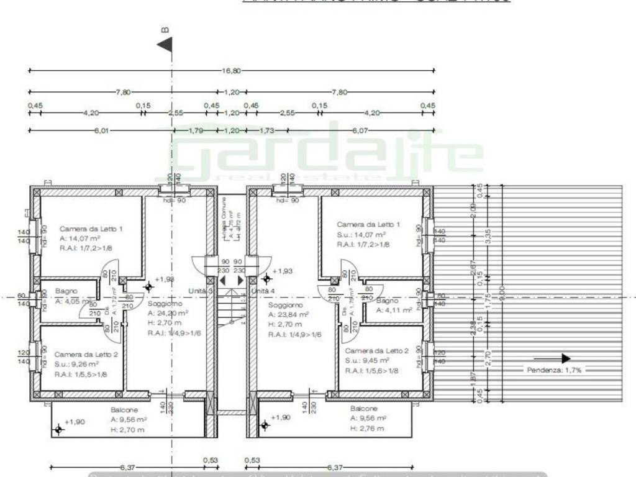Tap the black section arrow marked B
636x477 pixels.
[165, 45]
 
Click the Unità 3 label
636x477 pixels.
[201, 291]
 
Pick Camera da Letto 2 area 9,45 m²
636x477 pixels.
[368, 360]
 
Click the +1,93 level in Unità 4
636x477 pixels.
[282, 271]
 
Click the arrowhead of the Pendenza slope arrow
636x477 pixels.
[565, 358]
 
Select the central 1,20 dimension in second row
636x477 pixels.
[231, 92]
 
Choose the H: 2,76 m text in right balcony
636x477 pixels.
[367, 429]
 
